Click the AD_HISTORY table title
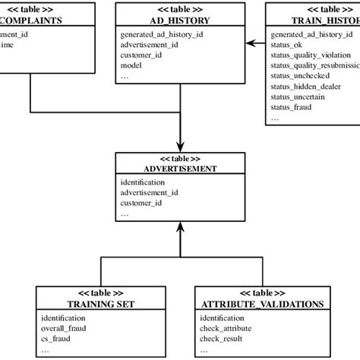tap(179, 21)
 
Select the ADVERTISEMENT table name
tap(179, 169)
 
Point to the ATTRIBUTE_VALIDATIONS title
tap(261, 304)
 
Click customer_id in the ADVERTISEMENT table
tap(143, 204)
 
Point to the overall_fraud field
tap(63, 329)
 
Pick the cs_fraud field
tap(56, 339)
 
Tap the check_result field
tap(224, 339)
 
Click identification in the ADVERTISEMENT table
tap(142, 183)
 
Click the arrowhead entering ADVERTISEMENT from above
tap(180, 147)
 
